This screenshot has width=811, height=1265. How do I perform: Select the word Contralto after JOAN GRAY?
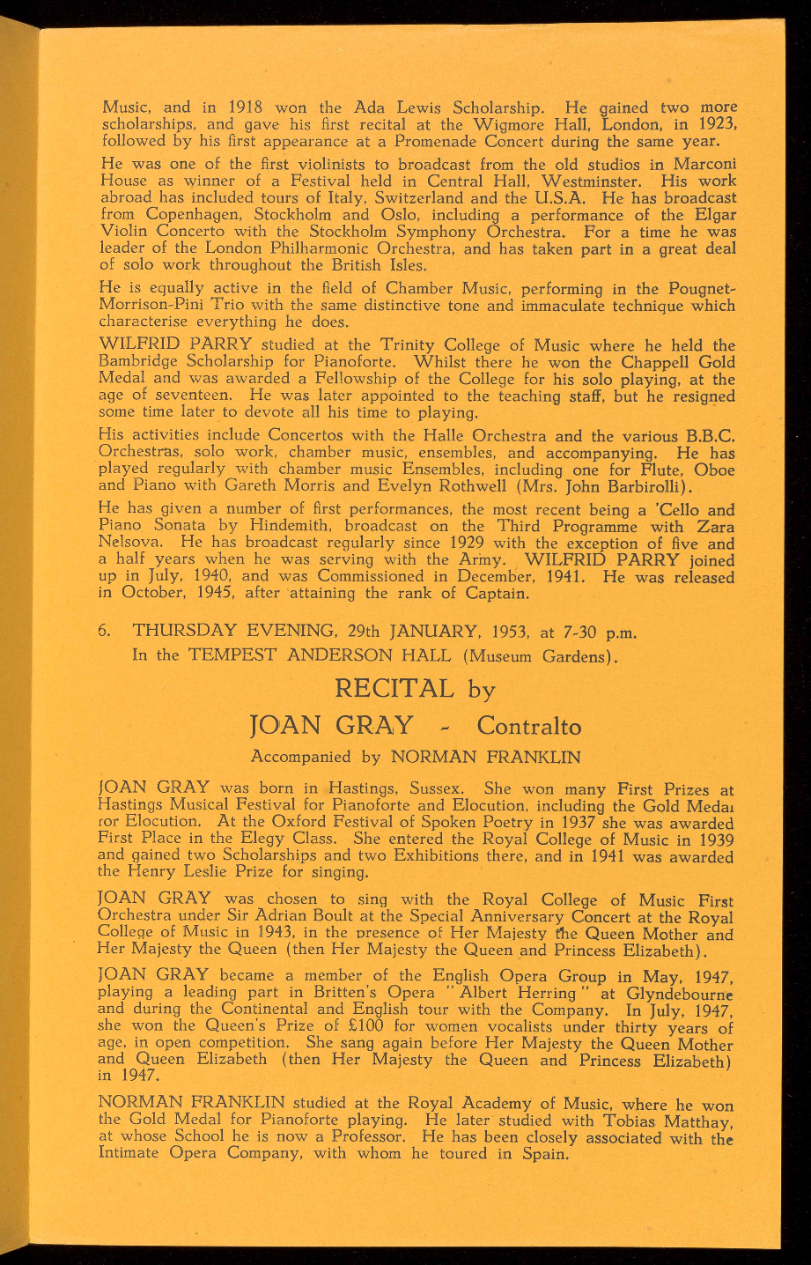click(x=528, y=727)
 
